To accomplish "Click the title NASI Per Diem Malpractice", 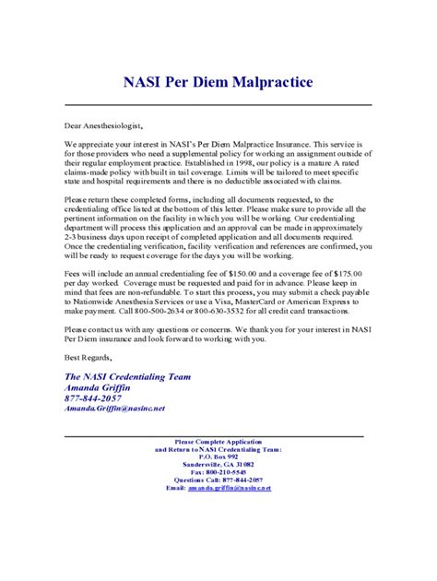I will (x=218, y=83).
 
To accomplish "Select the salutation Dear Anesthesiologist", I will (x=104, y=125).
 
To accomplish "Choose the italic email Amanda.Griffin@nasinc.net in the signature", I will (x=114, y=407).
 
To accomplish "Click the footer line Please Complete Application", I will (x=218, y=442).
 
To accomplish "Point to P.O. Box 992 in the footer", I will (x=218, y=456).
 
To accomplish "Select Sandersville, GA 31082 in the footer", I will (x=218, y=465).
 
